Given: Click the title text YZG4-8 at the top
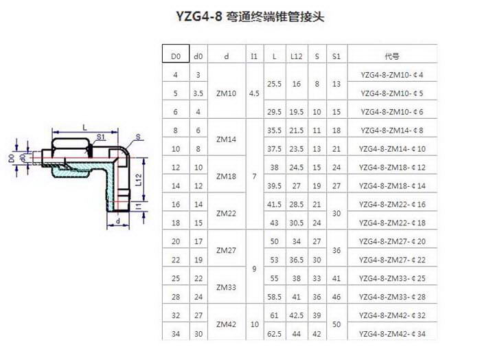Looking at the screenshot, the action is [198, 16].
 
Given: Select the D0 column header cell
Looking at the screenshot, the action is [176, 54].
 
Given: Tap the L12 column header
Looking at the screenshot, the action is [297, 56].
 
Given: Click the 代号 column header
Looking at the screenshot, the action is [392, 56].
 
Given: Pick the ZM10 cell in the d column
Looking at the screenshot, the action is [226, 93].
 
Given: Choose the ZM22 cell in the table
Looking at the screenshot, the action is [226, 214].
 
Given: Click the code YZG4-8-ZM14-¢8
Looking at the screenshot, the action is [392, 131].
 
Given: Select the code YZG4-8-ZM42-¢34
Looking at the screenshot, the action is [392, 334].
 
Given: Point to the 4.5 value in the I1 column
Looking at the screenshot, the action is [254, 93].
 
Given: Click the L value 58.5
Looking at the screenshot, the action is [274, 297].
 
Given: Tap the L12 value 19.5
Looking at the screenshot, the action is [297, 112].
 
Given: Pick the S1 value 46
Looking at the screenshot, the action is [336, 297].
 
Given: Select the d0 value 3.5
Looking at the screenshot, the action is [198, 93].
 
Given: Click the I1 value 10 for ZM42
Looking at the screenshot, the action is [254, 324].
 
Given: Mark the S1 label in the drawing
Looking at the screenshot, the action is [101, 137].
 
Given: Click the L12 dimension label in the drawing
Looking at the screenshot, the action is [139, 180].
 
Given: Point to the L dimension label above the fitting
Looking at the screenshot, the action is [84, 128].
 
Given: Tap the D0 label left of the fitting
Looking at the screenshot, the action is [12, 158].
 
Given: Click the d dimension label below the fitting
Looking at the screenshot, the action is [118, 221].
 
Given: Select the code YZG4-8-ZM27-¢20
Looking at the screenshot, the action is [392, 241].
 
